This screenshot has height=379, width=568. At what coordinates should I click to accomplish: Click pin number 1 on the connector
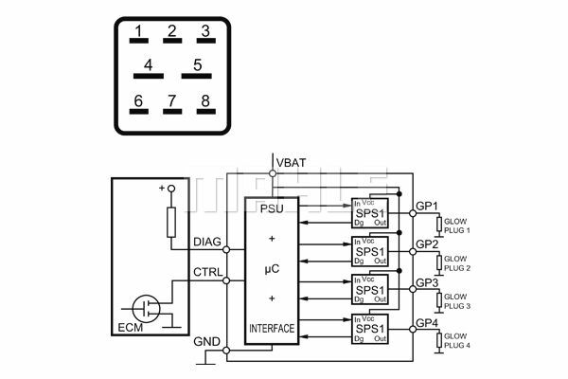click(138, 35)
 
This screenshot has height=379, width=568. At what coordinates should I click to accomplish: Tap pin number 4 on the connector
click(148, 68)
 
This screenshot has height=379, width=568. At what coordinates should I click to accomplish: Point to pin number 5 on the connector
click(197, 68)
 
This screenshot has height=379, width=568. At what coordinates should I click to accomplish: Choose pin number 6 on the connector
click(138, 102)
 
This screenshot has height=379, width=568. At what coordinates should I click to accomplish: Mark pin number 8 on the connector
click(204, 102)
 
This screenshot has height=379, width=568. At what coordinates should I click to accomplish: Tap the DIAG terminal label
click(207, 243)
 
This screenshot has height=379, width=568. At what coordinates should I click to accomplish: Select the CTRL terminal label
click(207, 272)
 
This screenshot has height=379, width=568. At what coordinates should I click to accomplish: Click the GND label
click(208, 341)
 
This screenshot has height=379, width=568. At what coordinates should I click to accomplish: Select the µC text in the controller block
click(272, 270)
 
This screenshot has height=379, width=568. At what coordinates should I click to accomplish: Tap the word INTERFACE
click(272, 329)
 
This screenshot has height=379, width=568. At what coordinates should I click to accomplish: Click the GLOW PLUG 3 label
click(455, 301)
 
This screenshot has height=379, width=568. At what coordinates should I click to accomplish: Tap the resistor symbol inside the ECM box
click(171, 223)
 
